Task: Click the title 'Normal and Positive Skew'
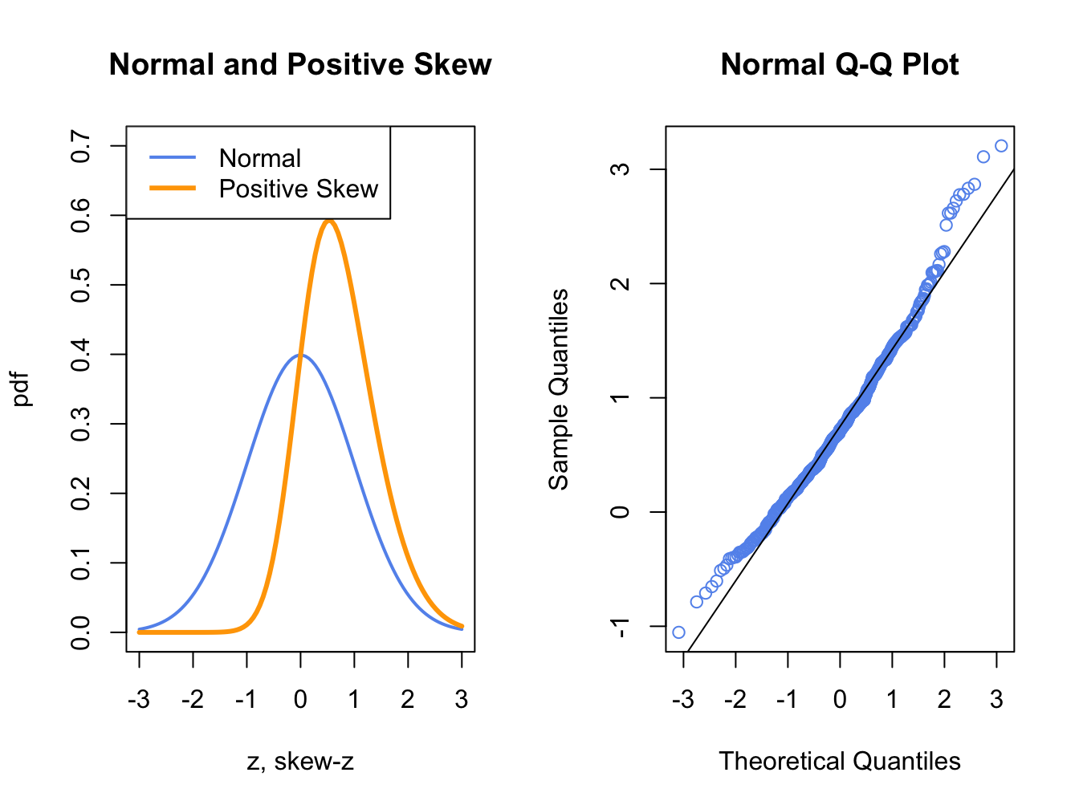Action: [300, 64]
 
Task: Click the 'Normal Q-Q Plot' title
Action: [839, 64]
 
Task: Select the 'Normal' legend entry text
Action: [259, 158]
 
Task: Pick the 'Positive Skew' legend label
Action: [298, 189]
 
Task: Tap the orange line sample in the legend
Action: [173, 189]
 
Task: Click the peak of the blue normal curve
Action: [300, 355]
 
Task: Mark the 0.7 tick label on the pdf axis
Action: [80, 146]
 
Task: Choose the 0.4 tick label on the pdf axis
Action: [80, 354]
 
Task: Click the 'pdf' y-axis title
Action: [22, 388]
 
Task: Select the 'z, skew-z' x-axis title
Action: [300, 761]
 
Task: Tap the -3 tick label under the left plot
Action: [138, 699]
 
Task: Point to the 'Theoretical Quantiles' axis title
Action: [839, 761]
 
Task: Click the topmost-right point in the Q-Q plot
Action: [1000, 146]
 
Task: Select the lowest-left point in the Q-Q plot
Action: [678, 632]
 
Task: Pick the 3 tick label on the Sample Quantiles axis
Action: [620, 169]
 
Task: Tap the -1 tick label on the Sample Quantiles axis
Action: [620, 626]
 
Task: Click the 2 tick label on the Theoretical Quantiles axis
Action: [944, 699]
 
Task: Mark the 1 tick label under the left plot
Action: [354, 699]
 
